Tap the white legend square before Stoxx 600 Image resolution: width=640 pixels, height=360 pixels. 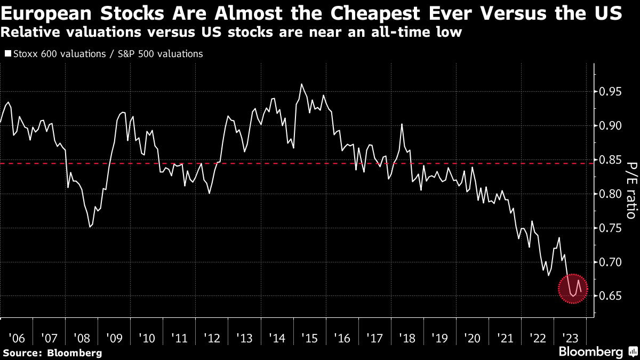7,54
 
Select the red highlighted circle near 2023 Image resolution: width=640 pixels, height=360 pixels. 573,289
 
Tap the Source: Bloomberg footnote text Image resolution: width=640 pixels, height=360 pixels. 52,353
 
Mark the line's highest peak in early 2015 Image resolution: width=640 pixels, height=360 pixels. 302,84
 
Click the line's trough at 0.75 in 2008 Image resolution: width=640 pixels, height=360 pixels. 90,227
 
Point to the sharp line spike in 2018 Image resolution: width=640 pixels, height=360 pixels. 402,124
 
